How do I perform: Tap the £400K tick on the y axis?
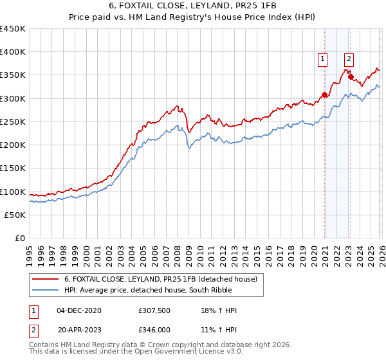pos(13,52)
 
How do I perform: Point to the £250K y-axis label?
pos(13,122)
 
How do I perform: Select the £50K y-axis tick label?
pos(15,215)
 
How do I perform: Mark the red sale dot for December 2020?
pos(325,95)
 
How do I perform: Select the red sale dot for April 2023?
pos(351,77)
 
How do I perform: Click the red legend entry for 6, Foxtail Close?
pos(161,279)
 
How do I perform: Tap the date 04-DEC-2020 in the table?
pos(79,310)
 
